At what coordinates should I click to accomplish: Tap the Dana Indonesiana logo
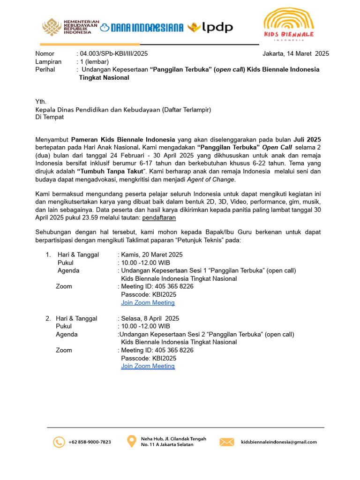142,28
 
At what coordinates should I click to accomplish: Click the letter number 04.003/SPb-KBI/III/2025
114,53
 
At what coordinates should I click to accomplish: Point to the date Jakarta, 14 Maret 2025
295,53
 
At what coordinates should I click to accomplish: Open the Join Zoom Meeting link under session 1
148,303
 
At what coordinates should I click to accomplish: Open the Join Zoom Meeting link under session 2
148,366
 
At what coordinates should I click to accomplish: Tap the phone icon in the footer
59,442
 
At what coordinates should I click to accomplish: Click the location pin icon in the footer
132,442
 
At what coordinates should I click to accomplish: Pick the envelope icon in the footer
227,442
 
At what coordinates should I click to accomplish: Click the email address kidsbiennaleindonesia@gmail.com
278,442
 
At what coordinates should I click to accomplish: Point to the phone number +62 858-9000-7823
90,442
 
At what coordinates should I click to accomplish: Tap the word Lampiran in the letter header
48,61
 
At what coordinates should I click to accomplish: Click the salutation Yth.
41,101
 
